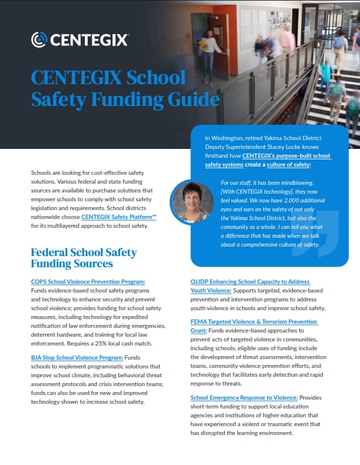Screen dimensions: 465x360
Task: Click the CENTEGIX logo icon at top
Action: click(39, 39)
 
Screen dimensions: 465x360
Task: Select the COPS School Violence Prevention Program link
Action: click(88, 282)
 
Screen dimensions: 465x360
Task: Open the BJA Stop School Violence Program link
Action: click(77, 357)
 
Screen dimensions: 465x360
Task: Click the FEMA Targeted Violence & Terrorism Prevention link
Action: click(254, 322)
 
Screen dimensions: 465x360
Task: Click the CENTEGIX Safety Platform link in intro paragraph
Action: click(118, 217)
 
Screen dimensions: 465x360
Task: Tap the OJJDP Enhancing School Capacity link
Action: click(250, 282)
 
